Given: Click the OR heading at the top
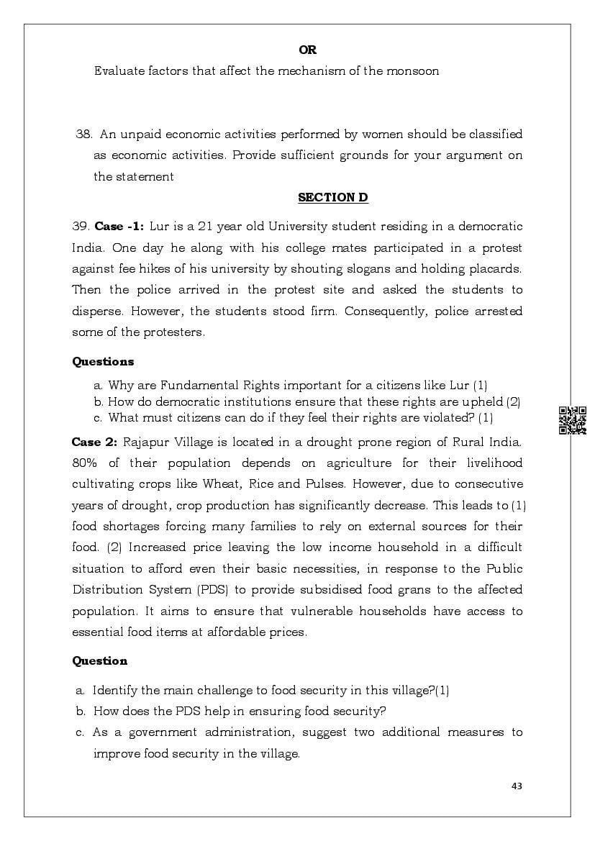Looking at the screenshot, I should pyautogui.click(x=307, y=50).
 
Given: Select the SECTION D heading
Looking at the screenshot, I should pyautogui.click(x=332, y=198).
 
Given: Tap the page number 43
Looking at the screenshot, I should pyautogui.click(x=517, y=786).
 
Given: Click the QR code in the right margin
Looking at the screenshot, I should pyautogui.click(x=573, y=420).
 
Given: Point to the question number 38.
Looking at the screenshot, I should pyautogui.click(x=84, y=135).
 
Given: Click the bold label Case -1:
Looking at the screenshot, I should pyautogui.click(x=119, y=227).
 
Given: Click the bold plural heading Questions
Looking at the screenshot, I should pyautogui.click(x=103, y=362).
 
